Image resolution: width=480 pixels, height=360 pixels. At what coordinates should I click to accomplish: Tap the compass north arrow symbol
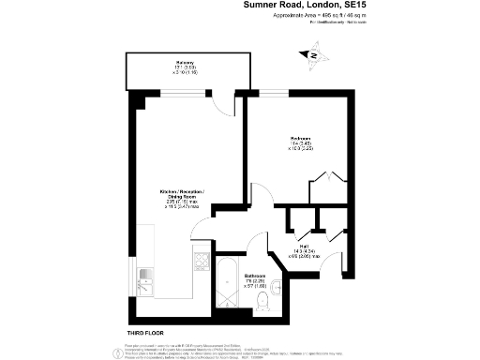coord(313,56)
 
